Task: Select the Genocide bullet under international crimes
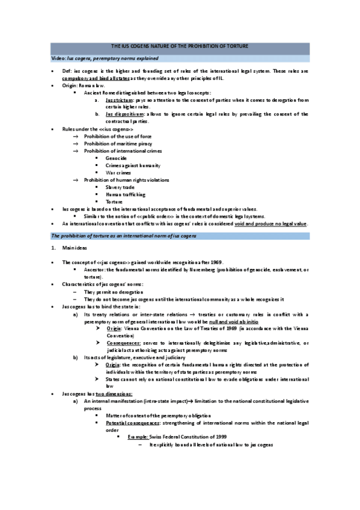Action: [x=116, y=158]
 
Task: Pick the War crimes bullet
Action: [x=119, y=173]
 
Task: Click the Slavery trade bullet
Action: [x=120, y=187]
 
